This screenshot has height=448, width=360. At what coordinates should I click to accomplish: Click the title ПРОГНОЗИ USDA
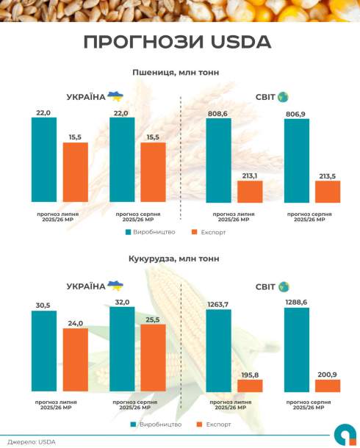[x=177, y=42]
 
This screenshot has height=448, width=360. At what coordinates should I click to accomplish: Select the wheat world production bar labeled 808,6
[x=219, y=160]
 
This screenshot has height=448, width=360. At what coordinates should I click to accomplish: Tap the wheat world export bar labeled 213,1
[x=250, y=192]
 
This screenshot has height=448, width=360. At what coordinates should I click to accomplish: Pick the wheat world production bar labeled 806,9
[x=296, y=160]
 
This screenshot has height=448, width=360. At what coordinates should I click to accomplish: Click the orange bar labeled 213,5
[x=328, y=192]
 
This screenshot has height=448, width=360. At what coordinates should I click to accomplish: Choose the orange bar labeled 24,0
[x=75, y=360]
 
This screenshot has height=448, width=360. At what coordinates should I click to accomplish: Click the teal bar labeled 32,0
[x=122, y=349]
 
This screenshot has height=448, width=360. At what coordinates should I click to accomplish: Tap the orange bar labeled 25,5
[x=153, y=358]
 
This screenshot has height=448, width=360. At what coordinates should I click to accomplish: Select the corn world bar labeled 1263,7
[x=219, y=351]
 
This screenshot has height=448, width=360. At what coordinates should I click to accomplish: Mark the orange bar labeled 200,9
[x=328, y=386]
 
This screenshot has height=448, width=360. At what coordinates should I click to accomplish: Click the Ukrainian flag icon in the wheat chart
[x=115, y=96]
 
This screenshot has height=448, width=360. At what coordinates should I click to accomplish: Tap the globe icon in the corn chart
[x=283, y=286]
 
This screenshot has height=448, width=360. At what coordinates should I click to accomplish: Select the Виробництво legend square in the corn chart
[x=134, y=424]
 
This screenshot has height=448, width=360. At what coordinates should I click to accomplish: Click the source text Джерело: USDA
[x=32, y=441]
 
